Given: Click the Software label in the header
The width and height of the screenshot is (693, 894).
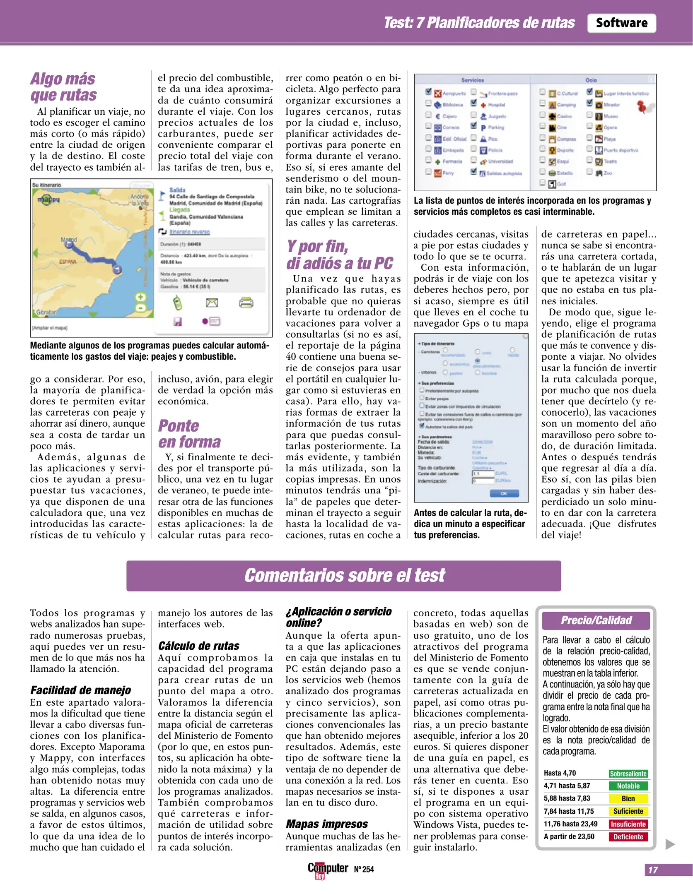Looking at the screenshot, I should (621, 23).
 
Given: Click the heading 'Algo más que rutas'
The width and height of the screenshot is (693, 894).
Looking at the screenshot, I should (63, 87).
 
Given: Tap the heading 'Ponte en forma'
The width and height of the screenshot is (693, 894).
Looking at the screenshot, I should (189, 433).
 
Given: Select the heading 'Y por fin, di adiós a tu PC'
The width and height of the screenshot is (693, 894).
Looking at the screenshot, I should (339, 255).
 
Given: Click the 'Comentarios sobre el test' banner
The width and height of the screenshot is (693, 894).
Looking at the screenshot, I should (343, 575).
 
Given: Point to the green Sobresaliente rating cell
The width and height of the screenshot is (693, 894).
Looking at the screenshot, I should (628, 774).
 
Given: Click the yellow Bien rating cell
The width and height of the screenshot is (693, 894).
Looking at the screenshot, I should (628, 799).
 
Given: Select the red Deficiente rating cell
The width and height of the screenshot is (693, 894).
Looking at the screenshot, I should (628, 837).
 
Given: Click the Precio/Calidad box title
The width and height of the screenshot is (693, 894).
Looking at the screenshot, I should (596, 620).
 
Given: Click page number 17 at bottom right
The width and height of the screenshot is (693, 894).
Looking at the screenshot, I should (653, 870).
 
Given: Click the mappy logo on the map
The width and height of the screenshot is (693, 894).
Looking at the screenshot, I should (48, 199).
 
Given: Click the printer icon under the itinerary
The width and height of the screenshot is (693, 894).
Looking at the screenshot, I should (246, 303).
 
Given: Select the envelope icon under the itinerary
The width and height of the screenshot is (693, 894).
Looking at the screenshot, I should (212, 303).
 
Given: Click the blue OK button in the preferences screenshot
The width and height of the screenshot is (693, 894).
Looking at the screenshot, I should (504, 493).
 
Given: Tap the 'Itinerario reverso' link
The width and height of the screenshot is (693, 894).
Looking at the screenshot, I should (189, 232).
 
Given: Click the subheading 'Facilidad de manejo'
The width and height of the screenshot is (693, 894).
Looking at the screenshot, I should (80, 690).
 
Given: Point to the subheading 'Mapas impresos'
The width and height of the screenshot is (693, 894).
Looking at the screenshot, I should (326, 824).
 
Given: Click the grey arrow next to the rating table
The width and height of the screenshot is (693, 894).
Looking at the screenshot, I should (669, 844).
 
